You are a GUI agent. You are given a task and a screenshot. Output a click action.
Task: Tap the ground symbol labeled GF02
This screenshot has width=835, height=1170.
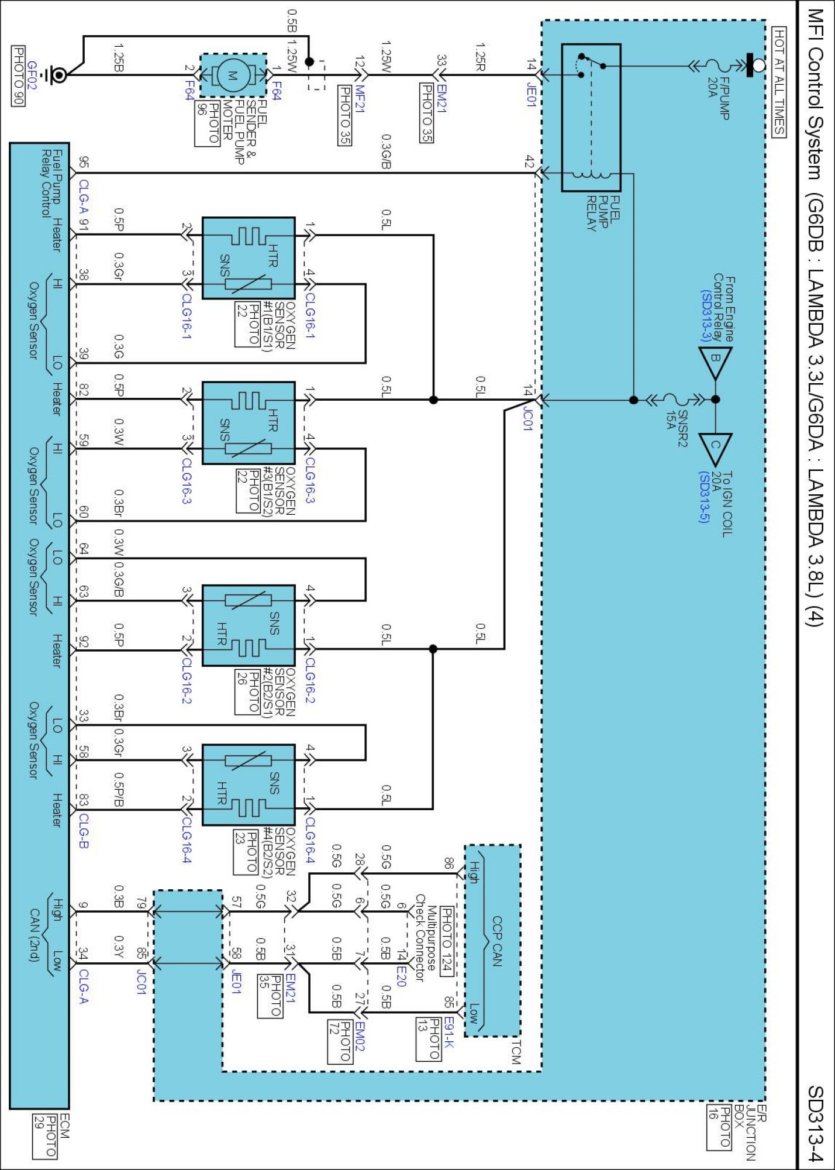click(58, 75)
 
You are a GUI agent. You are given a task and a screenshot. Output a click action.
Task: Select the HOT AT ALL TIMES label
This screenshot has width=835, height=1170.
click(779, 81)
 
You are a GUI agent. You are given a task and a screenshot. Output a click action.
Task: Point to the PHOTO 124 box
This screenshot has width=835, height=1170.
click(447, 941)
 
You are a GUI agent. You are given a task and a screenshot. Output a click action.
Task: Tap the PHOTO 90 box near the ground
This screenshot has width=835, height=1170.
click(19, 75)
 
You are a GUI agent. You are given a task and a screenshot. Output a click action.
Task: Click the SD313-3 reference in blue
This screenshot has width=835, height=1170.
click(705, 316)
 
